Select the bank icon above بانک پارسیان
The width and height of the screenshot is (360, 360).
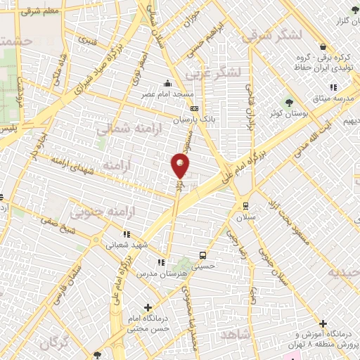[x=194, y=108]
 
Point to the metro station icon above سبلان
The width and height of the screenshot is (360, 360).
[x=245, y=205]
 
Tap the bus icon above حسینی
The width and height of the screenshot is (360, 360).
[x=202, y=255]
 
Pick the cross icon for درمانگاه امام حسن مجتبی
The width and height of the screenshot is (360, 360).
[x=148, y=307]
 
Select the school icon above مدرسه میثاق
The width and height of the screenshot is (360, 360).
[x=333, y=87]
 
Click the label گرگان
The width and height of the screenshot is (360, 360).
[x=57, y=343]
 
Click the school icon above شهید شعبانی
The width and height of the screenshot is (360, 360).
[x=126, y=234]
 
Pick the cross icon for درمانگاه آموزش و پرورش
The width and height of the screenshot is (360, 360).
[x=323, y=324]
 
